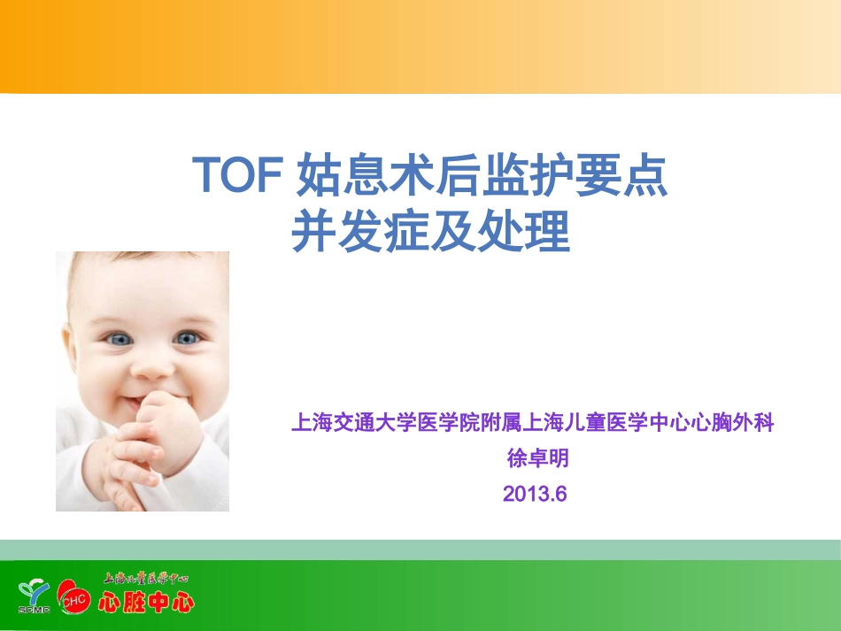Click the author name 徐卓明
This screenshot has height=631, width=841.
(535, 458)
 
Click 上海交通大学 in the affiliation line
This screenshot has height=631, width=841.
(348, 424)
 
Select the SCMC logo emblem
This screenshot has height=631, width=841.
(35, 596)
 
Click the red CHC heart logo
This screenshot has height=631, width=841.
(73, 598)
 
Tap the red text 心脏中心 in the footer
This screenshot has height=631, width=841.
(146, 604)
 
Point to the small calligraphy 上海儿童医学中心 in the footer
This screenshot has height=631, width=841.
(146, 580)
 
